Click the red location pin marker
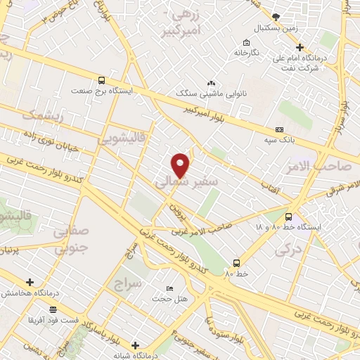pos(181,165)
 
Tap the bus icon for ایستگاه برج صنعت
pos(103,80)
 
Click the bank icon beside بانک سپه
pos(280,130)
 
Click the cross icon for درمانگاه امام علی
pos(300,47)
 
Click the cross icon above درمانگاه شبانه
pos(136,345)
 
